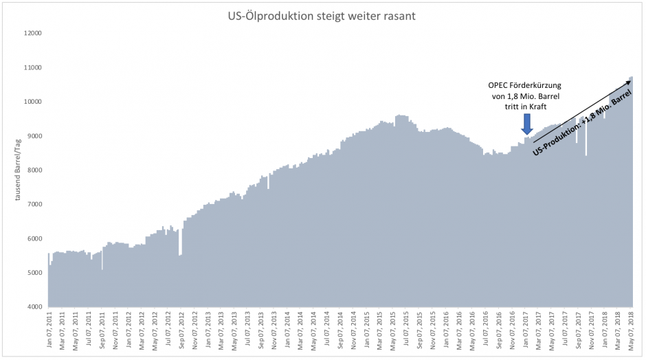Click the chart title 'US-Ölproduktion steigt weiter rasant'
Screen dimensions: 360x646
pyautogui.click(x=322, y=14)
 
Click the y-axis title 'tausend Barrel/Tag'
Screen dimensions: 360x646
pyautogui.click(x=19, y=170)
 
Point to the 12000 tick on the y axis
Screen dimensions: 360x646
pyautogui.click(x=32, y=33)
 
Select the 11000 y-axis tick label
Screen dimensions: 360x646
pyautogui.click(x=32, y=67)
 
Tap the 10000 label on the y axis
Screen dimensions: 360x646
pyautogui.click(x=32, y=102)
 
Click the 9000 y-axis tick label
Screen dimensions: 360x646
pyautogui.click(x=34, y=136)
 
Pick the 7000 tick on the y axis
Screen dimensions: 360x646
pyautogui.click(x=34, y=204)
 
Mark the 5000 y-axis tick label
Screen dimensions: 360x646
pyautogui.click(x=34, y=273)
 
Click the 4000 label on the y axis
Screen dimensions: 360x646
pyautogui.click(x=34, y=307)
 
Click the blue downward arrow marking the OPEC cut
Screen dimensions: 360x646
pyautogui.click(x=526, y=125)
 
